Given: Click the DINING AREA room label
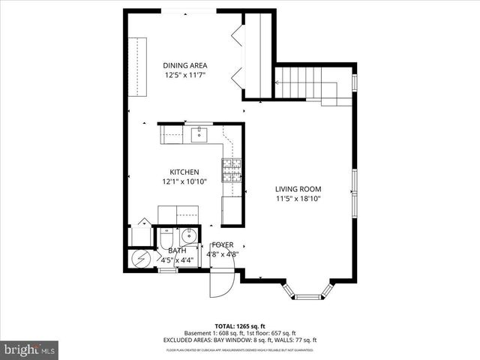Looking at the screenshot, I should [x=185, y=65].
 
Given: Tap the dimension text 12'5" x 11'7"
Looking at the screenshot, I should [x=185, y=75].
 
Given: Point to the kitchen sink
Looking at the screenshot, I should [x=199, y=135].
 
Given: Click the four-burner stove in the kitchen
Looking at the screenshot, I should [x=231, y=171].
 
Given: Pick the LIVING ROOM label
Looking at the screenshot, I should [x=298, y=189].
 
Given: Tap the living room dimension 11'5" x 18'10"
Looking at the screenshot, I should [x=298, y=199].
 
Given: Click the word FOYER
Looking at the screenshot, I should [x=223, y=245].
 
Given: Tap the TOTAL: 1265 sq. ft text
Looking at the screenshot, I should [x=240, y=326].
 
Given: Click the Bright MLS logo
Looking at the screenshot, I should [x=30, y=349].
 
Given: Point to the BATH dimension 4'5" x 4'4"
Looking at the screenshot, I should [x=177, y=260].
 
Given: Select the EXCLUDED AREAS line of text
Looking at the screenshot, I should [x=240, y=340].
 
